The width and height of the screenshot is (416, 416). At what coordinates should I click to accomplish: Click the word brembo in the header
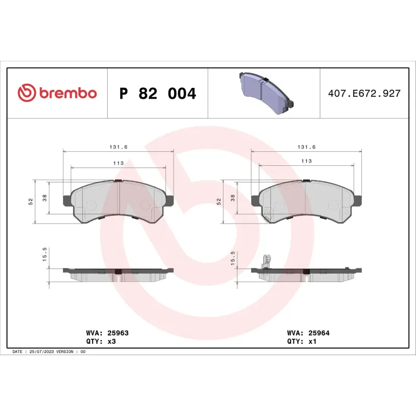point(67,94)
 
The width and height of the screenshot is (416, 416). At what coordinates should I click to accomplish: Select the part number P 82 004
point(158,94)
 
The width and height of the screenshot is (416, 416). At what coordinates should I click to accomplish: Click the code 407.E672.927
point(364,94)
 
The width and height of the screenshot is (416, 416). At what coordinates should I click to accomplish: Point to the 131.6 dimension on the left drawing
point(118,147)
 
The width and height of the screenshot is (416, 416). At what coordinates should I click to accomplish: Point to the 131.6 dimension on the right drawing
point(306,147)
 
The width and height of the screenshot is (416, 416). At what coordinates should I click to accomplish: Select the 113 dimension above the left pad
point(118,163)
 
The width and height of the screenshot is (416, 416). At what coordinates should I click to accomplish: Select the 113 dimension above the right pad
point(306,161)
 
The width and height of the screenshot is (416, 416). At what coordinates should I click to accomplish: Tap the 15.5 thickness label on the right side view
point(232,257)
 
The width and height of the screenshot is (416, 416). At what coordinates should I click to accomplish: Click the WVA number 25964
point(319,332)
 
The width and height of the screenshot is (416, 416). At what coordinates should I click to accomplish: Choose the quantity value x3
point(110,342)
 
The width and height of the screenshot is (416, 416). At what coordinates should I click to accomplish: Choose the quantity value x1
point(312,342)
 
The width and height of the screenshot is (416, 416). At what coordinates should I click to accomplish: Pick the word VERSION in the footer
point(67,352)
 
